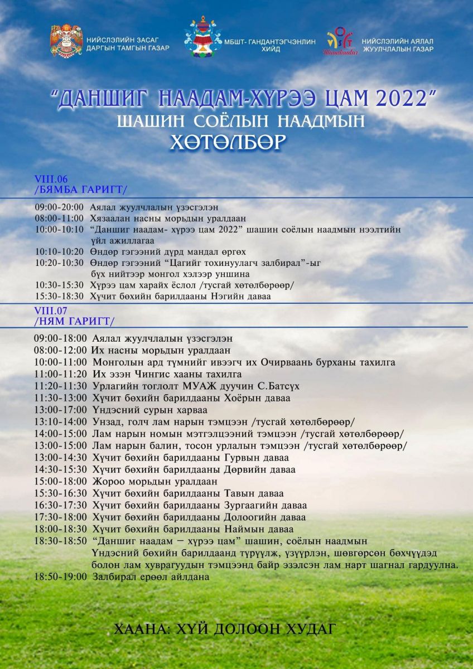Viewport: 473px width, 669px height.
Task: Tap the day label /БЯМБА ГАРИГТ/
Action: [x=80, y=189]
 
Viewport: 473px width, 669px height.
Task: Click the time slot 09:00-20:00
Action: [x=59, y=207]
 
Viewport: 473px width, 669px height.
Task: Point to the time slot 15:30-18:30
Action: [x=59, y=297]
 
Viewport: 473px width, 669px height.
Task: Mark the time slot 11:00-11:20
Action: [x=60, y=374]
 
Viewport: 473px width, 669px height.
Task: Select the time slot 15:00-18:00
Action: [x=60, y=481]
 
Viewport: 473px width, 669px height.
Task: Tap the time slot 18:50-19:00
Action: [x=60, y=577]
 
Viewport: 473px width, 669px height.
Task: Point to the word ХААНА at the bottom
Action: [x=140, y=629]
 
